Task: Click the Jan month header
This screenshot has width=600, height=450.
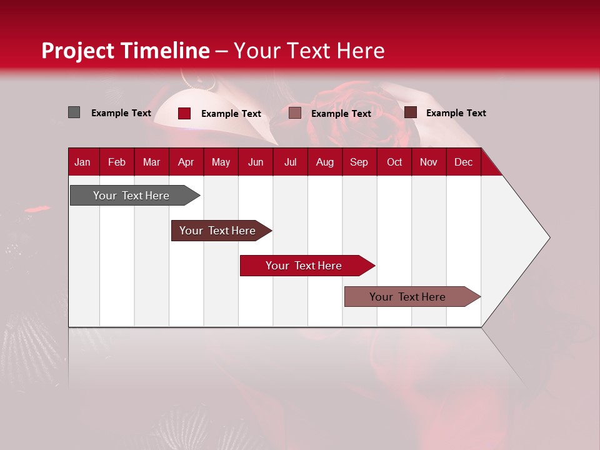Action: (83, 162)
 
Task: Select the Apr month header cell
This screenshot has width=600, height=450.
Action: (186, 162)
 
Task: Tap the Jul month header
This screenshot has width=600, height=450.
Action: (291, 162)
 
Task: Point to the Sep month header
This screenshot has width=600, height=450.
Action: (359, 162)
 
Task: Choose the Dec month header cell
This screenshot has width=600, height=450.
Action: (464, 162)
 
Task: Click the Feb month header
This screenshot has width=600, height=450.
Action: (117, 162)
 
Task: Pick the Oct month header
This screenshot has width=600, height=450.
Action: (394, 162)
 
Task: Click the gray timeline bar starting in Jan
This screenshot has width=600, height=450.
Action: (131, 196)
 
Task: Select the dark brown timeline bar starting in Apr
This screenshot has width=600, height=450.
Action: (217, 231)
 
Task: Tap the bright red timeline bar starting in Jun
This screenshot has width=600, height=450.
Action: (304, 266)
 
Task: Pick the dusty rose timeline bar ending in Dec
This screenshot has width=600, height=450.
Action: (407, 297)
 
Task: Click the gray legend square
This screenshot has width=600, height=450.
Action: (74, 112)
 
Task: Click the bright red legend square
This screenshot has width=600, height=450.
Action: (184, 113)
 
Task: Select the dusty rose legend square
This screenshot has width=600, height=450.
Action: (295, 113)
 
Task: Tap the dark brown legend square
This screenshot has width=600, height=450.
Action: (411, 112)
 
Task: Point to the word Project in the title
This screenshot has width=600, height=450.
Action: (78, 51)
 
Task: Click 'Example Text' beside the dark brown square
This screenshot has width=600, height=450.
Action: (456, 112)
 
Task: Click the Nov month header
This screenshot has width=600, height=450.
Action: (429, 162)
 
